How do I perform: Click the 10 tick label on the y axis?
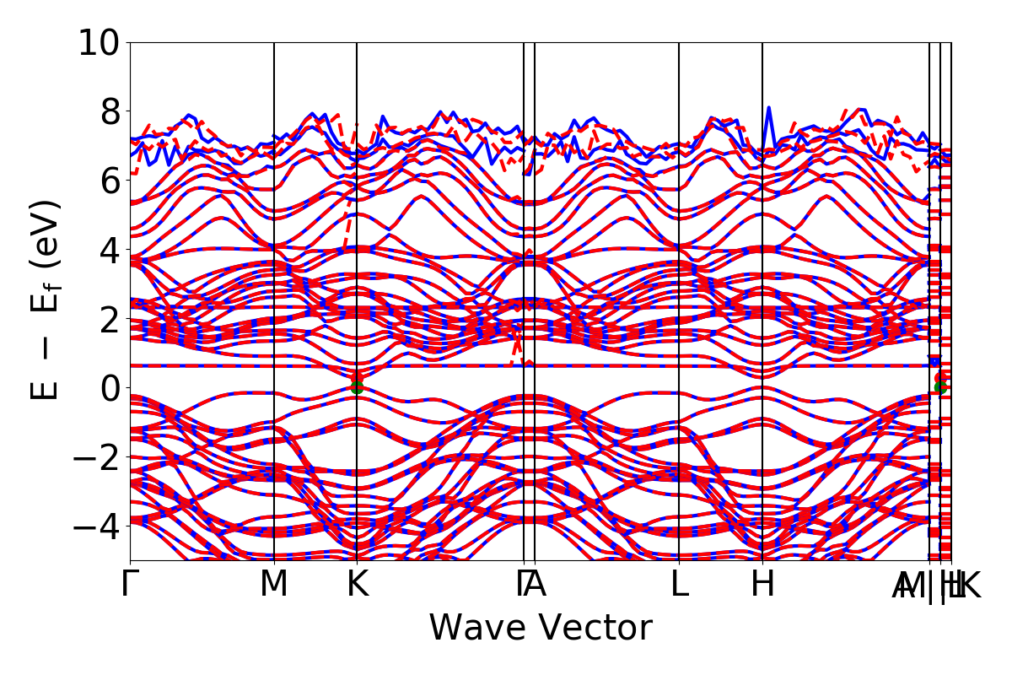point(100,42)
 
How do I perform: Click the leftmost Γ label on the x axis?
point(129,584)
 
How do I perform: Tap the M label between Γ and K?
point(274,584)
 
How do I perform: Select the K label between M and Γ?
point(357,584)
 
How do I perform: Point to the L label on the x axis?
point(680,584)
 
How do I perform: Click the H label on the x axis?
point(762,584)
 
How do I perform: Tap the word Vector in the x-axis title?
point(595,629)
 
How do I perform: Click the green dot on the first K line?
point(357,387)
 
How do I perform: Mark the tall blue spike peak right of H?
point(768,108)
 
